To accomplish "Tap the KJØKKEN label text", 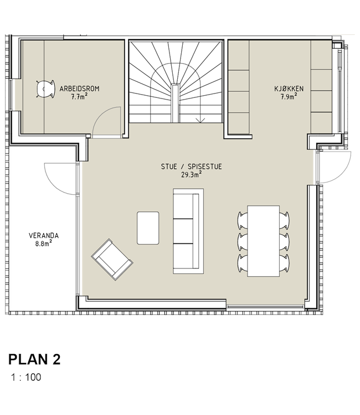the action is [289, 89].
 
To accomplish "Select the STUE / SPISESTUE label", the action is [192, 167].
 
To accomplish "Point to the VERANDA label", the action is [44, 236].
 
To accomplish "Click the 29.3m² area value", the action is [192, 175].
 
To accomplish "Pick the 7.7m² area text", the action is [79, 97].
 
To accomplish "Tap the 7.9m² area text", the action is [289, 97].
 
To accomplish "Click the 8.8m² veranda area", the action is [43, 243].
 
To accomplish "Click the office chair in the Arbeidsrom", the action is [45, 89].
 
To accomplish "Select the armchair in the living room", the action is [112, 260].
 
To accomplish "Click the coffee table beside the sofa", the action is [148, 228].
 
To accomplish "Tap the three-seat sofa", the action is [188, 231].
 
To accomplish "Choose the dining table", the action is [263, 241].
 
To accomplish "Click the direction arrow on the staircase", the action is [200, 121].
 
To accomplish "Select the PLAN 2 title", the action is [34, 360].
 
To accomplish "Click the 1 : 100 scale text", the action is [26, 377].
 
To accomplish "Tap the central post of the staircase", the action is [175, 103].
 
